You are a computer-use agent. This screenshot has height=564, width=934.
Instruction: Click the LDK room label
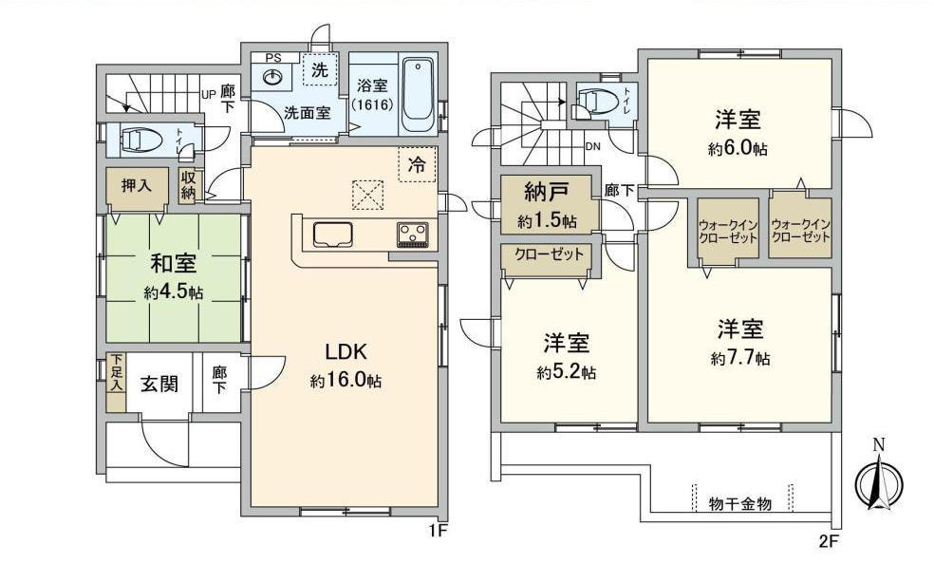[346, 351]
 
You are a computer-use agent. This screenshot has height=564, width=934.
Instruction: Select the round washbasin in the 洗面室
[272, 78]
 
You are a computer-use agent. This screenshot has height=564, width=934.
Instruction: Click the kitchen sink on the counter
[333, 235]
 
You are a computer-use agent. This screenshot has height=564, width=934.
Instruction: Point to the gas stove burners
[412, 235]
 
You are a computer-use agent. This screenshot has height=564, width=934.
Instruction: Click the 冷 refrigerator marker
[417, 164]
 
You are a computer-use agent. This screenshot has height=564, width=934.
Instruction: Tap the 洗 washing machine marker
[320, 69]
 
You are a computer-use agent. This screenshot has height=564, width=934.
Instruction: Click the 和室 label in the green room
[173, 262]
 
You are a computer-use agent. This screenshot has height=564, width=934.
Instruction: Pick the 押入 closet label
[137, 186]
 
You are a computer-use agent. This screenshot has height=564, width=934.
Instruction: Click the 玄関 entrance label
[159, 385]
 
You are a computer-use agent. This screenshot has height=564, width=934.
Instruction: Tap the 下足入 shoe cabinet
[116, 383]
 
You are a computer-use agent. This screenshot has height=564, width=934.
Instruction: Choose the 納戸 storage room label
[546, 192]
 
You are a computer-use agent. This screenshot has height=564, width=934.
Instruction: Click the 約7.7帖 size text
[740, 359]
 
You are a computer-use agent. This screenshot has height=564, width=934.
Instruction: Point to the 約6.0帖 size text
[738, 148]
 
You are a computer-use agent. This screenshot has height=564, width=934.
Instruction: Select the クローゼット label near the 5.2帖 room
[550, 254]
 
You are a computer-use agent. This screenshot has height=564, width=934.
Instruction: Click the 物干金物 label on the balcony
[740, 504]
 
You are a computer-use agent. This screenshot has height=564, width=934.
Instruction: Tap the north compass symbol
[879, 480]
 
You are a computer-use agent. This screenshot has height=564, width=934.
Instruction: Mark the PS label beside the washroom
[272, 58]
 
